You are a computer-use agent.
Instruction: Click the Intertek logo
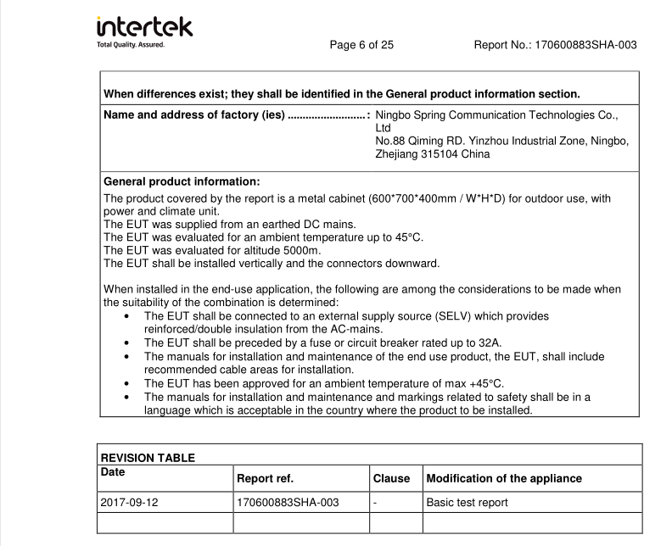(x=145, y=25)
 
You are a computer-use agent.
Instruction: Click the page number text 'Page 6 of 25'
(x=361, y=45)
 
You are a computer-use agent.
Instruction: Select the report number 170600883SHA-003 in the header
(x=585, y=45)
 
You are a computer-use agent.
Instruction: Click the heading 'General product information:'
(x=182, y=181)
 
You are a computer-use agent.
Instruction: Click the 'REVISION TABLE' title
(x=148, y=458)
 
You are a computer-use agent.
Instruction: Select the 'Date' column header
(x=114, y=471)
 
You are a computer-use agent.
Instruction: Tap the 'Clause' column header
(x=391, y=478)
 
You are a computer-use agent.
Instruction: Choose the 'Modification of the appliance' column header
(x=504, y=478)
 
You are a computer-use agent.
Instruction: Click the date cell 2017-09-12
(x=130, y=503)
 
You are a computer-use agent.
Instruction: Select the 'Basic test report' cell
(x=467, y=503)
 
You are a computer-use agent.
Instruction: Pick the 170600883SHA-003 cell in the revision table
(x=288, y=503)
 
